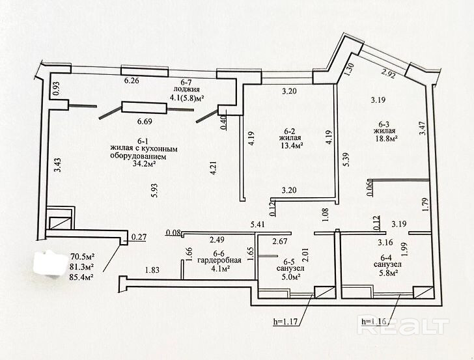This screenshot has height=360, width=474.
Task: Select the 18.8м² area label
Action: [384, 137]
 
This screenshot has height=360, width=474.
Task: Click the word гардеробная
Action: [222, 260]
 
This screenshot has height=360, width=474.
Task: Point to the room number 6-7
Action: [186, 82]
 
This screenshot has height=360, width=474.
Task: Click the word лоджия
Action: [186, 90]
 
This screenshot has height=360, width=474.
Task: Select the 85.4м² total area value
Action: [81, 277]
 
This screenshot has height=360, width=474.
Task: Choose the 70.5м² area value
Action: [81, 256]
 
